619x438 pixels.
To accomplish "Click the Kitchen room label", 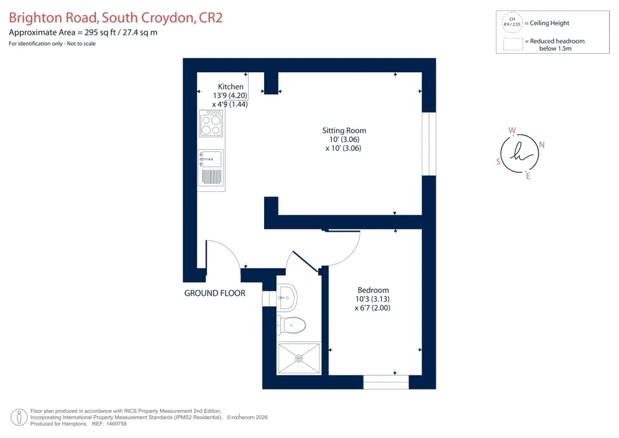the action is click(231, 86).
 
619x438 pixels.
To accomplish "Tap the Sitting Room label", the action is click(344, 130).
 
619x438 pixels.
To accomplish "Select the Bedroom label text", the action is click(373, 290).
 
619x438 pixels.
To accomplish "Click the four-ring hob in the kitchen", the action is click(211, 124).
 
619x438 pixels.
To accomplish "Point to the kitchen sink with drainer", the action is click(211, 168).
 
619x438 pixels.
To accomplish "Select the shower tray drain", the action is click(299, 358).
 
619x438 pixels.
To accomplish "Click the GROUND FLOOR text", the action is click(215, 293).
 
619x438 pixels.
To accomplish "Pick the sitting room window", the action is click(429, 144).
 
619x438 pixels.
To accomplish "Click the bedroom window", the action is click(386, 382).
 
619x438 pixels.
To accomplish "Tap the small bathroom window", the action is click(269, 299).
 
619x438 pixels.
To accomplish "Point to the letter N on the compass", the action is click(542, 145).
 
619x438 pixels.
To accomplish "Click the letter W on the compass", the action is click(512, 130).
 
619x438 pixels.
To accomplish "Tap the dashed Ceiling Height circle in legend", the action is click(512, 22).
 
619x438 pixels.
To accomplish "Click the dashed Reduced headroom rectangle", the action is click(513, 44).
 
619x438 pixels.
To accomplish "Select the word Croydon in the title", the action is click(167, 18).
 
